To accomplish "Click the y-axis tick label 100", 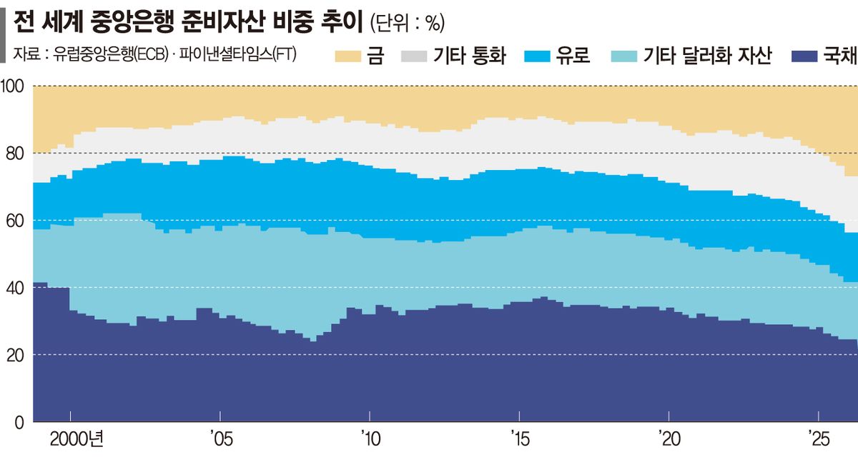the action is click(x=12, y=86).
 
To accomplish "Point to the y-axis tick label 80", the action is click(x=15, y=154).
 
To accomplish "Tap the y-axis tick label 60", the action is click(x=15, y=221).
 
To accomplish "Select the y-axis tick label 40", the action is click(x=15, y=288).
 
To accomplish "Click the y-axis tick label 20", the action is click(x=15, y=356).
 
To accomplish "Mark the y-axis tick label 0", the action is click(x=19, y=423).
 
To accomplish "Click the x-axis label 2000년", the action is click(x=77, y=439).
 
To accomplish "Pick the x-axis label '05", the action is click(x=222, y=439).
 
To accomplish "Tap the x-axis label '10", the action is click(x=371, y=439).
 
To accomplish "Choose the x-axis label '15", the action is click(x=521, y=439).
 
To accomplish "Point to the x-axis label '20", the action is click(x=669, y=439).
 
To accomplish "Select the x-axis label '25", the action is click(x=819, y=439).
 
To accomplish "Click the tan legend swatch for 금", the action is click(x=347, y=56).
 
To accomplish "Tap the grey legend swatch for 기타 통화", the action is click(x=414, y=56).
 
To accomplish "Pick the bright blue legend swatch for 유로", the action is click(x=537, y=56).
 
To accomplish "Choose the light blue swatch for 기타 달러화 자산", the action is click(x=624, y=56).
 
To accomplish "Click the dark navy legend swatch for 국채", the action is click(x=804, y=56).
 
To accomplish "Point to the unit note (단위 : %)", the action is click(x=408, y=23).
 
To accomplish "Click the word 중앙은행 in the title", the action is click(x=132, y=21).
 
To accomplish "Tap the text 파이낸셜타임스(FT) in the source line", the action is click(x=238, y=54).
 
